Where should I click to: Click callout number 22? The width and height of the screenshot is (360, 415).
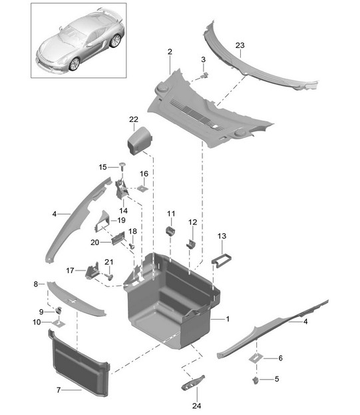point(134,119)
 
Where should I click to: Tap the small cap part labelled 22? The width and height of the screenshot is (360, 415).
point(140,141)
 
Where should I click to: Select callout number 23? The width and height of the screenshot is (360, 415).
point(240,45)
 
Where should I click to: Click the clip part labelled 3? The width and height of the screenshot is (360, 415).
point(204,76)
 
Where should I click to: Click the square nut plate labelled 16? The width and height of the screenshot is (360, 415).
point(142,189)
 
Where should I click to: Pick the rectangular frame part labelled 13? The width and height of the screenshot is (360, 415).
point(222,260)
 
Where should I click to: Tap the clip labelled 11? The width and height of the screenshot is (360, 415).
point(170,230)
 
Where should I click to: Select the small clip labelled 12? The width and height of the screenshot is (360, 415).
point(191,244)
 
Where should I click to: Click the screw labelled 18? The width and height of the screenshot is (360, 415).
point(132,246)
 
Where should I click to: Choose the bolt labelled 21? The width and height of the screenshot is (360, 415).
point(109,276)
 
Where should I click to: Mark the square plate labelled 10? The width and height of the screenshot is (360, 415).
point(59,324)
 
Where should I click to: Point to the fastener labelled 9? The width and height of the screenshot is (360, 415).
point(59,310)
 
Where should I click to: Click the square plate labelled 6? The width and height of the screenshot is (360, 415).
point(256,358)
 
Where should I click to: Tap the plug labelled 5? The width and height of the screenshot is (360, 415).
point(256,380)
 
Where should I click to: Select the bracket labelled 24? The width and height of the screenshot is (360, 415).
point(193,383)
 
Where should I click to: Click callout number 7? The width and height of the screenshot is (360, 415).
point(59,390)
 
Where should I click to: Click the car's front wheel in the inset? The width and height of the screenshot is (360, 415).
point(75,64)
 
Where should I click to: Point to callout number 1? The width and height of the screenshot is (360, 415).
point(228,319)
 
